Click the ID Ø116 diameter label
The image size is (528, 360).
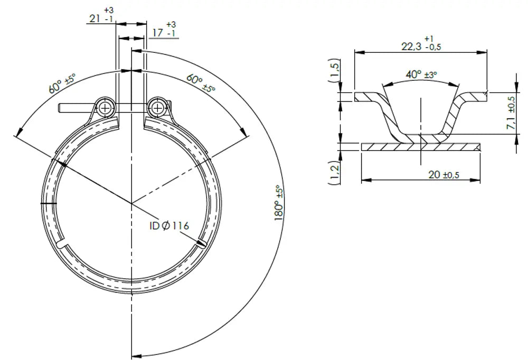pos(169,225)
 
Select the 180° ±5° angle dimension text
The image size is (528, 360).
pos(279,203)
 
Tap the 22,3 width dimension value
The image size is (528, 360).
pos(411,46)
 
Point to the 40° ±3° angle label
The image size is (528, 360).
pos(421,74)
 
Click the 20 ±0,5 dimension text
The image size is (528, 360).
pos(444,174)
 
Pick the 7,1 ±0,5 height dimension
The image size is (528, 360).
pos(511,113)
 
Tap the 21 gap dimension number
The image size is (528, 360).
pos(95,18)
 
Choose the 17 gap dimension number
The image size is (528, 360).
pos(157,33)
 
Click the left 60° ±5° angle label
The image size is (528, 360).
pos(62,83)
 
